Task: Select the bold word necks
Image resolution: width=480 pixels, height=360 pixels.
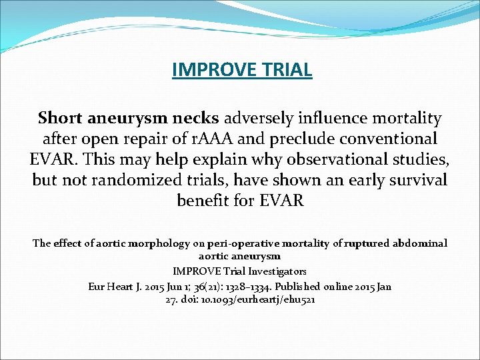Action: (196, 119)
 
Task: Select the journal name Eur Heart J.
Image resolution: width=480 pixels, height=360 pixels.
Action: (114, 286)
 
